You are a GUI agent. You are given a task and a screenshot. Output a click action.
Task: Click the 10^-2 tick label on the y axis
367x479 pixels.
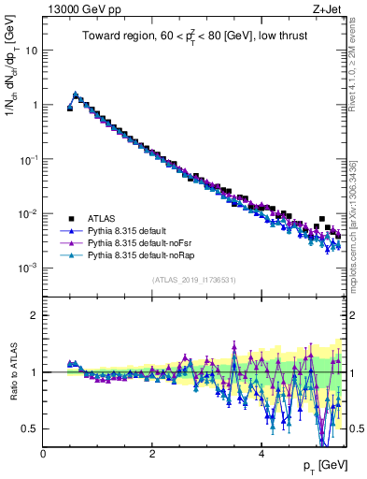coord(29,213)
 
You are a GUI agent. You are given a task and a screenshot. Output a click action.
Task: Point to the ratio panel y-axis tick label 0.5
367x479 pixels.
coord(30,428)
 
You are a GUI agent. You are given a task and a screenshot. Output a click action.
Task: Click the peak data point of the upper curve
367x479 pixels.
coord(76,94)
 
